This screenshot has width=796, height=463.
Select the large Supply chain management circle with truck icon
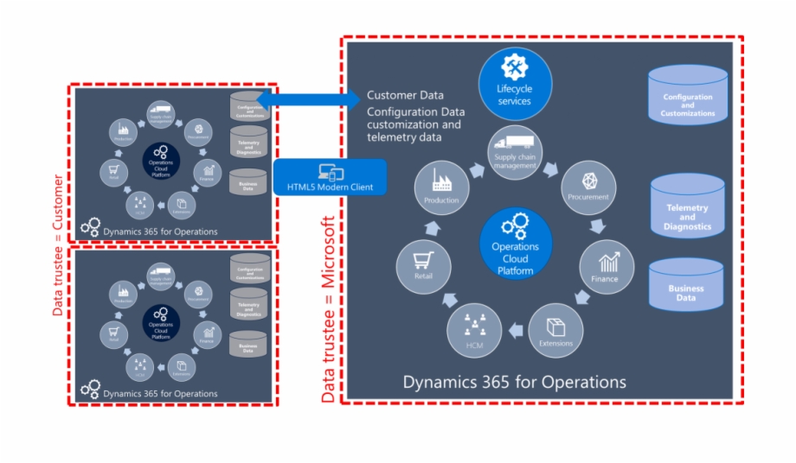(516, 152)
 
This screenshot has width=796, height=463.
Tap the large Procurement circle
(588, 187)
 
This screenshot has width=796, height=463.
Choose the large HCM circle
(474, 333)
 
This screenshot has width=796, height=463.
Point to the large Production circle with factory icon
(441, 188)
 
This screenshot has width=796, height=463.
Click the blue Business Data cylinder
(686, 285)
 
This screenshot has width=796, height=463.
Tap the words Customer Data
(405, 95)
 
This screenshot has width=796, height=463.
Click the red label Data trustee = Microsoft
(329, 311)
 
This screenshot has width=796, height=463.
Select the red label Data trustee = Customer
(58, 244)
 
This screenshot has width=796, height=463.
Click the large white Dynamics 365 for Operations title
(514, 381)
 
